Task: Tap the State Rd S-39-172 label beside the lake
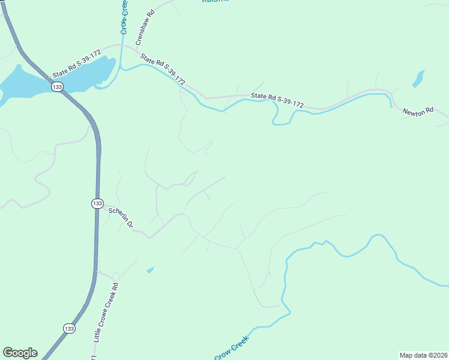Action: click(76, 63)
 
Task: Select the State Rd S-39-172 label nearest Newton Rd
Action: click(277, 100)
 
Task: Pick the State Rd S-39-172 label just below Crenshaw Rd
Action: click(163, 70)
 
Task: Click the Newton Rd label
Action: click(417, 112)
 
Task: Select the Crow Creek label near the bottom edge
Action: click(232, 348)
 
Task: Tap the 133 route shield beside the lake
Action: click(57, 87)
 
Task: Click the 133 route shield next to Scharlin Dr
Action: click(97, 203)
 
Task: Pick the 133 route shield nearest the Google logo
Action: click(70, 328)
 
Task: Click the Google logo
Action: click(20, 353)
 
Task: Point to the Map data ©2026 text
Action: click(423, 355)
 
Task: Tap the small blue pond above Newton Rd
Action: click(418, 79)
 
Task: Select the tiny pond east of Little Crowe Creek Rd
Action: click(150, 270)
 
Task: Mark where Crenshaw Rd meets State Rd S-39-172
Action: click(134, 51)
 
